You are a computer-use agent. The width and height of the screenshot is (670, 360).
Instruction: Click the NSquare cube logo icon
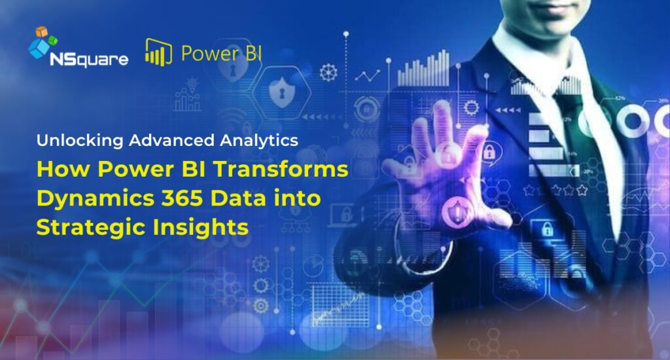click(x=43, y=43)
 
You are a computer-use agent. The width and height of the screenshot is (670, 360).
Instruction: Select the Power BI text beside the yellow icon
click(x=222, y=52)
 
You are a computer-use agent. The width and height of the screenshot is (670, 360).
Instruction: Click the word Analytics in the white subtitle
click(x=258, y=139)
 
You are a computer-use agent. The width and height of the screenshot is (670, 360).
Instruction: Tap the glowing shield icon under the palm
click(x=454, y=211)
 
